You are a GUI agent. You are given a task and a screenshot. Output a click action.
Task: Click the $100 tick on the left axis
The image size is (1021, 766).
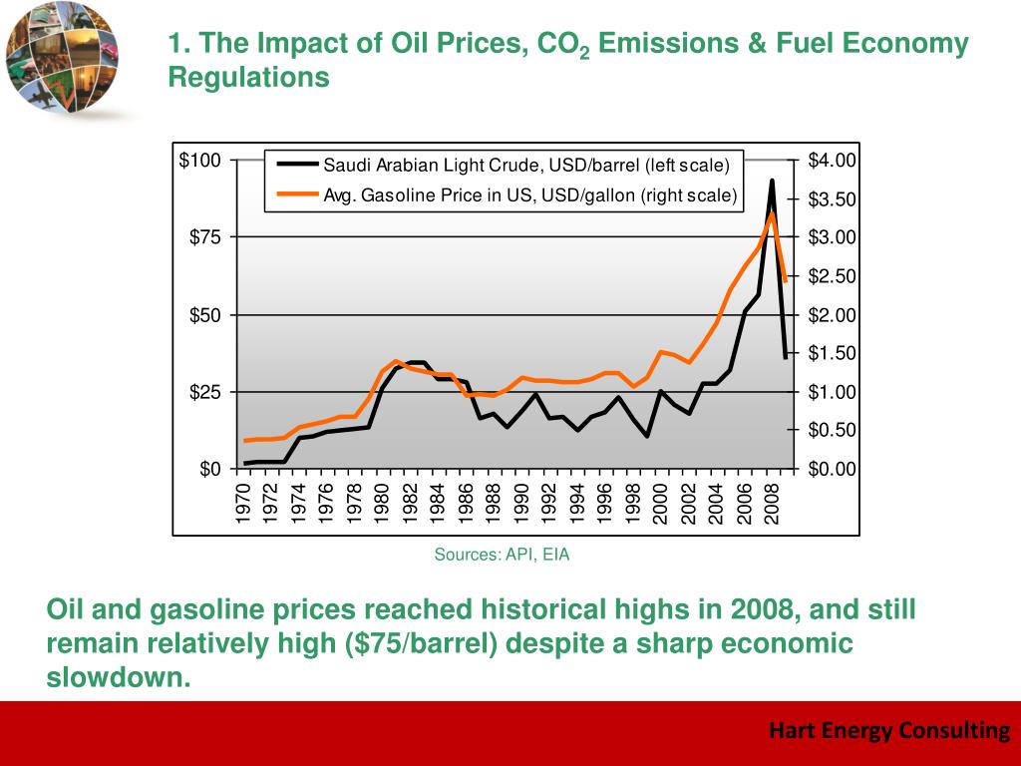(200, 161)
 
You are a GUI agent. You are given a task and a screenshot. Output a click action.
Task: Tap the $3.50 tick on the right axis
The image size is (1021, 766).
(832, 199)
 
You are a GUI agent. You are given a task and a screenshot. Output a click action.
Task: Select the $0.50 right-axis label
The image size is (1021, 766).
(832, 431)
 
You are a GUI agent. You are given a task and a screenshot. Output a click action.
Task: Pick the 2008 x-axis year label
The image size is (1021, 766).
(771, 504)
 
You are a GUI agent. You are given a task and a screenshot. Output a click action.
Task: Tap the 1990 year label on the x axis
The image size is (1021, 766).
(521, 504)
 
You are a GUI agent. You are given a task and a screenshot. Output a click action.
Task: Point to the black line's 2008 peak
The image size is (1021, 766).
(772, 181)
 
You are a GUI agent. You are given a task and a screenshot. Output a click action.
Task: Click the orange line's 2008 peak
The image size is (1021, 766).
(772, 212)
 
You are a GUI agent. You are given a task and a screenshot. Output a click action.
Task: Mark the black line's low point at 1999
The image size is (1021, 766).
(647, 436)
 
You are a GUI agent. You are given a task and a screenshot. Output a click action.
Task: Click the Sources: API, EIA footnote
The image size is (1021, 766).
(502, 555)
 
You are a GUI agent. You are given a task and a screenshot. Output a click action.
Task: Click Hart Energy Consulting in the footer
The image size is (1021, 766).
(889, 731)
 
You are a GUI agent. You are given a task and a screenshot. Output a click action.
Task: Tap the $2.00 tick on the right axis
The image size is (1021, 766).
(832, 315)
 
